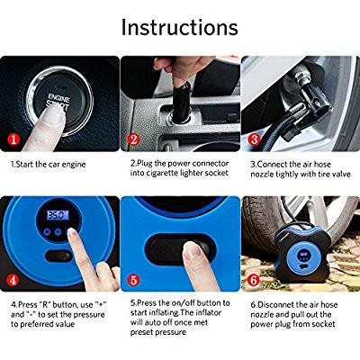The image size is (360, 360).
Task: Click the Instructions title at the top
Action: pyautogui.click(x=179, y=27)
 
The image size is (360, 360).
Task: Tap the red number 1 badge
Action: pyautogui.click(x=13, y=139)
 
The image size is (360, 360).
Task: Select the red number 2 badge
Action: pyautogui.click(x=133, y=139)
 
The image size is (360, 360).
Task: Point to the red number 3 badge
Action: pyautogui.click(x=254, y=139)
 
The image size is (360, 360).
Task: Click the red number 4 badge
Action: pyautogui.click(x=13, y=280)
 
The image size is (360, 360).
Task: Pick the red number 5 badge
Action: pyautogui.click(x=133, y=280)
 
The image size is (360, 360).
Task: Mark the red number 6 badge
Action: pyautogui.click(x=254, y=280)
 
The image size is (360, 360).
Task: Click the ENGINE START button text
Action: pyautogui.click(x=58, y=102)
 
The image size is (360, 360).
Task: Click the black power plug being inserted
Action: pyautogui.click(x=181, y=102)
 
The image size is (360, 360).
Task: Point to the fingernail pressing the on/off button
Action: pyautogui.click(x=192, y=250)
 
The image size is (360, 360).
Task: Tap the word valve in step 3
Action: pyautogui.click(x=340, y=174)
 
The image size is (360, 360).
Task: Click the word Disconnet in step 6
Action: pyautogui.click(x=275, y=305)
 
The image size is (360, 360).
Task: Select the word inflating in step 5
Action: pyautogui.click(x=163, y=312)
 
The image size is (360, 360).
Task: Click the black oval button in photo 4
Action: pyautogui.click(x=58, y=256)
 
